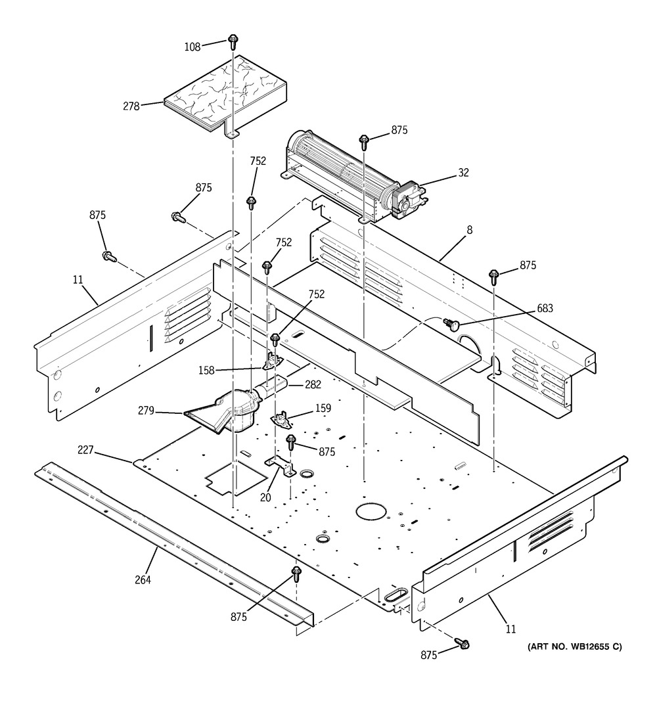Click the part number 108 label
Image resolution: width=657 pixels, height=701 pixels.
click(193, 47)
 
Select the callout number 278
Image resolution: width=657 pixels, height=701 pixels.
click(131, 106)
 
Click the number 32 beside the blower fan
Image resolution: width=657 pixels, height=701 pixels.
click(463, 173)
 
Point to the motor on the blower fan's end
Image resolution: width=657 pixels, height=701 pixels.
click(407, 200)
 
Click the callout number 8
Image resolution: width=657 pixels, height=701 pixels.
click(469, 230)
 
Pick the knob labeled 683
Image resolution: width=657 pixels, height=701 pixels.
click(451, 325)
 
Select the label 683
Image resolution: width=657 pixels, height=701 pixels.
click(545, 308)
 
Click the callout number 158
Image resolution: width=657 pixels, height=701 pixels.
click(206, 370)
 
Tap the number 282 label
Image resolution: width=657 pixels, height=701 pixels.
click(313, 384)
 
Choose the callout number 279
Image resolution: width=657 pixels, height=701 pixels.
click(146, 411)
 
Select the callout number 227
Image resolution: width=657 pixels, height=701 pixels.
click(85, 450)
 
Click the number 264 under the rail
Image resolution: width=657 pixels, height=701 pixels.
click(143, 580)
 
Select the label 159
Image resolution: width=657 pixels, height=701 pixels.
click(323, 408)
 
